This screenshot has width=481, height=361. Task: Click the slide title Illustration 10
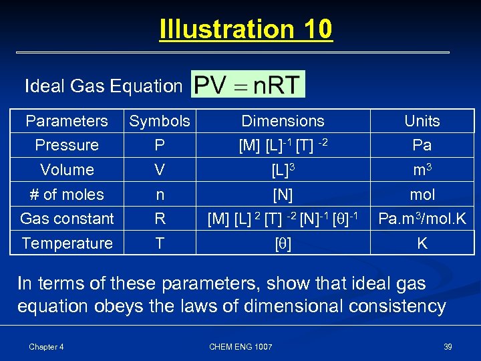tap(246, 30)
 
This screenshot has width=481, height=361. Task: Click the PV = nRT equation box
tap(248, 85)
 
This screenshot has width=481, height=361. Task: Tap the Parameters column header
tap(66, 121)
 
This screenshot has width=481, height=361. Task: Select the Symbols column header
tap(160, 121)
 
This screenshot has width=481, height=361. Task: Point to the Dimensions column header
tap(283, 121)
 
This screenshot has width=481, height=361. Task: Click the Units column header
tap(422, 121)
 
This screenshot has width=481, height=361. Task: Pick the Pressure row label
tap(67, 145)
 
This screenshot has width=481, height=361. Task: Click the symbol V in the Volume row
tap(160, 170)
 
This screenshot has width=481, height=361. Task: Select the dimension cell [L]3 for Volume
tap(283, 170)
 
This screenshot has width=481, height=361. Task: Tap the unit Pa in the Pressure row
tap(422, 145)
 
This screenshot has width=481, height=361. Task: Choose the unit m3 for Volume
tap(422, 170)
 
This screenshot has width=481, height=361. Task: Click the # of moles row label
tap(67, 195)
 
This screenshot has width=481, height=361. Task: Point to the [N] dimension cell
tap(283, 195)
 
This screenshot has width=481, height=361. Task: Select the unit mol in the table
tap(422, 195)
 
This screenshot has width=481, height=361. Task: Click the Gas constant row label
tap(67, 219)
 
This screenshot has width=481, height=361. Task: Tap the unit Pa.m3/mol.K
tap(422, 219)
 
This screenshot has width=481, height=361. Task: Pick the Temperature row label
tap(67, 243)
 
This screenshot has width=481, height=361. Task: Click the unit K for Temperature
tap(422, 243)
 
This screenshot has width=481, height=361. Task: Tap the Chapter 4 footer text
tap(46, 346)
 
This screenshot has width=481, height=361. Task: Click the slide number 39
tap(448, 346)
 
